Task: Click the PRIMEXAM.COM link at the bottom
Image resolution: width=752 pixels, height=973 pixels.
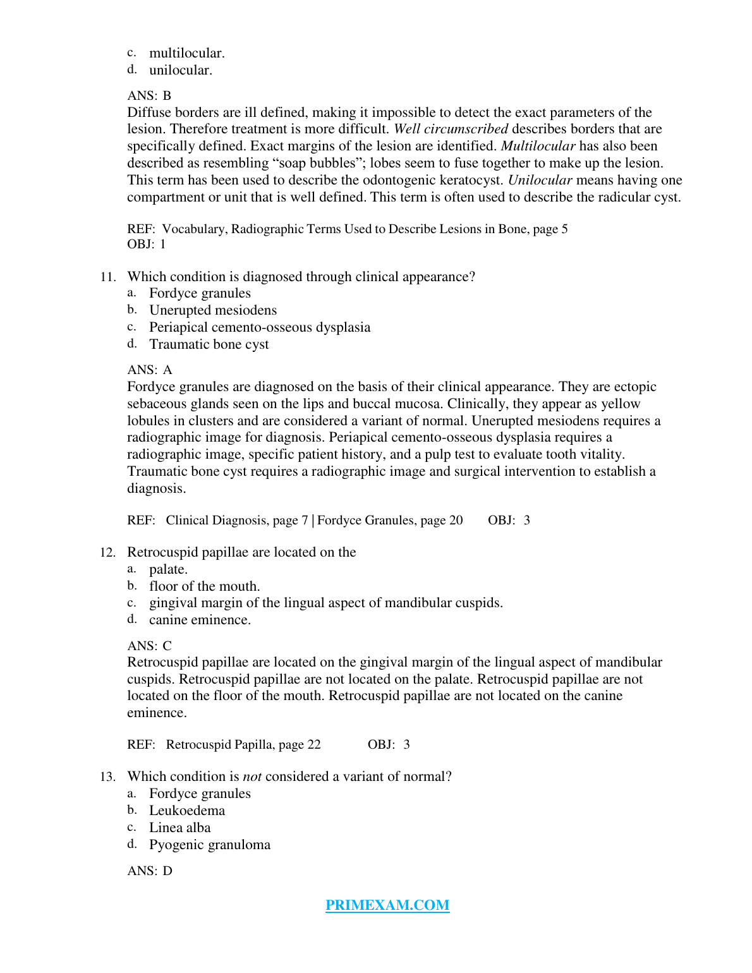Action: [387, 905]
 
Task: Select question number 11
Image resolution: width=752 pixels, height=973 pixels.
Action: [107, 277]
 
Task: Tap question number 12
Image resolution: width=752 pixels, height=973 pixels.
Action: [107, 553]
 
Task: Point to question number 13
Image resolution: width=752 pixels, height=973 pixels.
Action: [107, 777]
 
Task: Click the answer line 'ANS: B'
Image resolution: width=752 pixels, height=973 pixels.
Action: [149, 95]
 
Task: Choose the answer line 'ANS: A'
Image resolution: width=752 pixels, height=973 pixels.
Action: [150, 370]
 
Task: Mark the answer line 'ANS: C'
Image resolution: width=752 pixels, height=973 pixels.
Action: [149, 646]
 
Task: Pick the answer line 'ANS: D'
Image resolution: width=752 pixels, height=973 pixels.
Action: [150, 871]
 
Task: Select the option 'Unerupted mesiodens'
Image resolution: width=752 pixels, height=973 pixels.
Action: [213, 310]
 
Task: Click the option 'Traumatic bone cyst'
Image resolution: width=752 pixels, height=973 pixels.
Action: [209, 344]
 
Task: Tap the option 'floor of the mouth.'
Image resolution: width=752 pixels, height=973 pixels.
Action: [205, 586]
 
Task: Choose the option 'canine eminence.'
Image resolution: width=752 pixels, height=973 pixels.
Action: [200, 620]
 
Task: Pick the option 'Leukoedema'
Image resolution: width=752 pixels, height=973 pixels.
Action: [187, 811]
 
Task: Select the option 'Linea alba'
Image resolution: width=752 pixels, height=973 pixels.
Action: [180, 828]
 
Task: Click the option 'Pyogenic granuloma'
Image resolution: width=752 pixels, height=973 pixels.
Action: [210, 845]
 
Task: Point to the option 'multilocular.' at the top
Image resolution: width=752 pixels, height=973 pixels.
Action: [187, 53]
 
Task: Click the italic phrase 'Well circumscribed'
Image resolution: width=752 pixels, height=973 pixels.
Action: [451, 129]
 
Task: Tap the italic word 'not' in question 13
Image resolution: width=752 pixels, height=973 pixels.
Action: [252, 777]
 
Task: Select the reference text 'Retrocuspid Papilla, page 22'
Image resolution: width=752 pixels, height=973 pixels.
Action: [243, 744]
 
